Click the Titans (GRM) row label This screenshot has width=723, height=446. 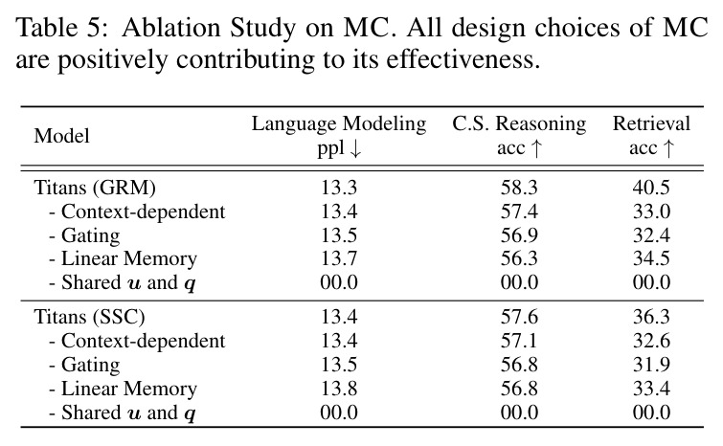pos(95,188)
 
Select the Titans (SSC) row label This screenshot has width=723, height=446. pos(89,317)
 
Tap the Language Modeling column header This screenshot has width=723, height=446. pos(339,123)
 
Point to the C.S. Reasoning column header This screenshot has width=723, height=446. pos(519,123)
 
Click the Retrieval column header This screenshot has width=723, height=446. pos(651,123)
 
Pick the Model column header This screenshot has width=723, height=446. pos(61,136)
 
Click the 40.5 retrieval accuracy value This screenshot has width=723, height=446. pos(651,188)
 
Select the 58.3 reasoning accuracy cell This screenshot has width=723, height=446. pos(519,188)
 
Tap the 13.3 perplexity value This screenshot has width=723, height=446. pos(339,188)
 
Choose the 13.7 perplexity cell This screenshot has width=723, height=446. pos(339,258)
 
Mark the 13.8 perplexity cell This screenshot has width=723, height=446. pos(339,389)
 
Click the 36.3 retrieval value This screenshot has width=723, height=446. pos(651,317)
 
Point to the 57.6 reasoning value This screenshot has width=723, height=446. pos(519,317)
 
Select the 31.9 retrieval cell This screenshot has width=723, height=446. pos(651,365)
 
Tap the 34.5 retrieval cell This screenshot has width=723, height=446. pos(651,258)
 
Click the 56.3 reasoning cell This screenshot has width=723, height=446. pos(519,258)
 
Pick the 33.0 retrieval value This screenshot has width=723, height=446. pos(651,212)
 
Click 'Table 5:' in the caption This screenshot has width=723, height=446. pos(62,28)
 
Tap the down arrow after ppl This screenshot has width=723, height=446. pos(355,148)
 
